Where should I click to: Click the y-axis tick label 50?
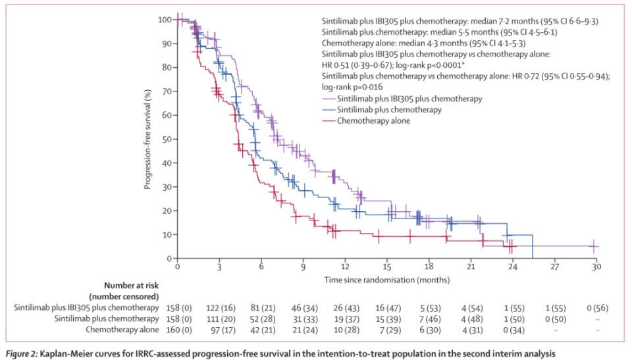tap(167, 139)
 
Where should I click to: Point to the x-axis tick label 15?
tap(387, 268)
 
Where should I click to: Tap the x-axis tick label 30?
tap(596, 268)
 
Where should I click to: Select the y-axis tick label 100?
tap(165, 20)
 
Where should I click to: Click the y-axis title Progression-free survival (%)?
tap(149, 139)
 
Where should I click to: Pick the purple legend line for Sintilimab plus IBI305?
tap(328, 98)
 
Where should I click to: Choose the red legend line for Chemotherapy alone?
tap(328, 121)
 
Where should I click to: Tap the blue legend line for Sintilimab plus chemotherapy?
tap(328, 110)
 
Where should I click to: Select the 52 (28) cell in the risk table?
tap(261, 319)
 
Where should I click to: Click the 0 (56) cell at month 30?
tap(596, 307)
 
